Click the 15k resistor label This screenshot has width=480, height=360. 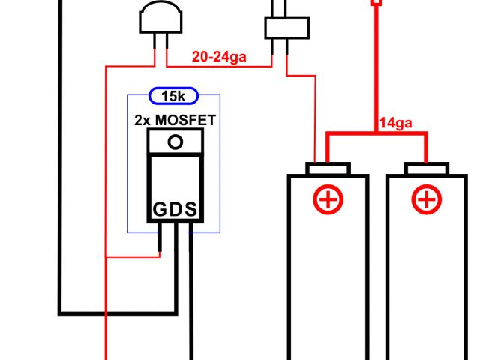pyautogui.click(x=173, y=96)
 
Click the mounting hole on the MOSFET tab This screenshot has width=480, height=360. pyautogui.click(x=176, y=142)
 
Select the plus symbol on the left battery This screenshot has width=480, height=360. pyautogui.click(x=328, y=200)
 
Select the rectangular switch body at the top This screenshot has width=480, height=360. pyautogui.click(x=286, y=28)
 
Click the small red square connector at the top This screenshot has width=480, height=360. pyautogui.click(x=376, y=2)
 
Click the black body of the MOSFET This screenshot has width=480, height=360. pyautogui.click(x=176, y=184)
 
